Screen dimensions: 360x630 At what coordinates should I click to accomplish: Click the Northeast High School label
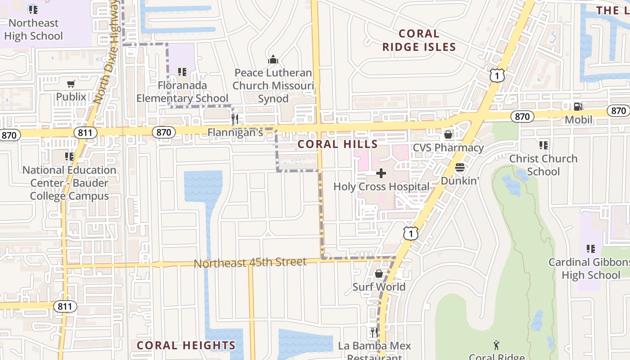tap(33, 30)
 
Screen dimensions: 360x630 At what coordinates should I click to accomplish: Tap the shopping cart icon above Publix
tap(71, 84)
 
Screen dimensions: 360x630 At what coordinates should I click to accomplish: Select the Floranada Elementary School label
tap(182, 92)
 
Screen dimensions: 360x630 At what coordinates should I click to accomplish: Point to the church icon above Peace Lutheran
tap(273, 59)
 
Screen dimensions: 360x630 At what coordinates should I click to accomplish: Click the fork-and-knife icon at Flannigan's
tap(234, 119)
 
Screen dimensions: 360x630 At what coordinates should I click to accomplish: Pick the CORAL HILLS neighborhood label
tap(337, 144)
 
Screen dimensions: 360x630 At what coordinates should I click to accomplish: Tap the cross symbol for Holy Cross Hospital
tap(381, 173)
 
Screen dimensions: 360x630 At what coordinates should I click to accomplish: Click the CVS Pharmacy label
tap(448, 148)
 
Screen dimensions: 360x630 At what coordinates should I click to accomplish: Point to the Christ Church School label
tap(543, 165)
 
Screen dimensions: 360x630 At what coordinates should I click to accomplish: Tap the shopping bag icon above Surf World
tap(379, 274)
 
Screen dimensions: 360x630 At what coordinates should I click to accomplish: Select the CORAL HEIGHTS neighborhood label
tap(186, 346)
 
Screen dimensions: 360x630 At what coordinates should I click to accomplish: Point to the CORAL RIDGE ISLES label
tap(419, 40)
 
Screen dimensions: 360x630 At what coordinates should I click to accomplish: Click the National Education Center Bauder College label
tap(69, 183)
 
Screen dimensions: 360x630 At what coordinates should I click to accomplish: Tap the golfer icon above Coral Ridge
tap(496, 345)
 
